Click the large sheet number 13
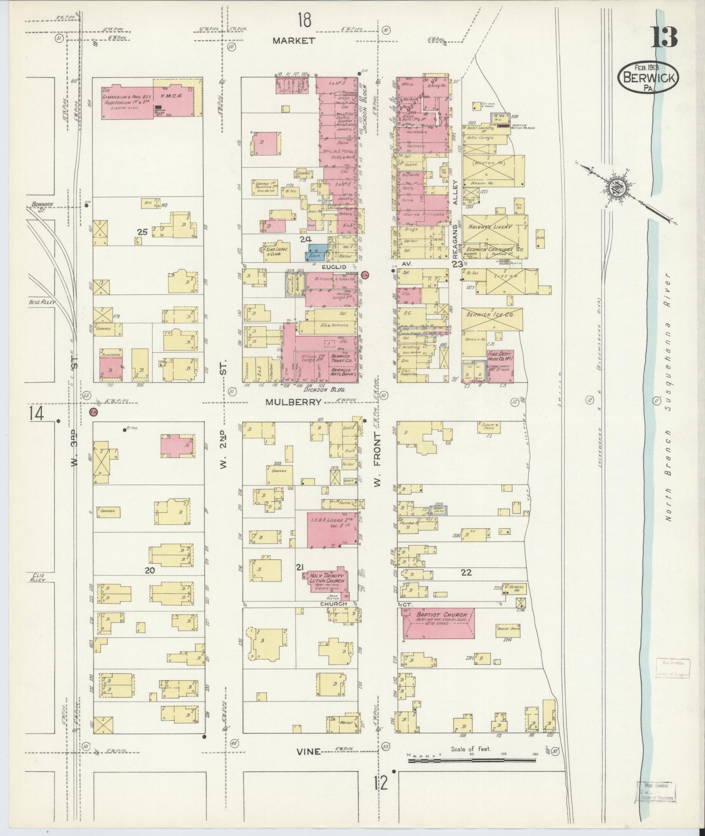(x=664, y=37)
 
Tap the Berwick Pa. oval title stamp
(x=648, y=77)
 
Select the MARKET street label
(x=294, y=41)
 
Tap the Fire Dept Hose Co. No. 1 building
(x=500, y=364)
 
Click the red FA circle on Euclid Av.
(x=365, y=274)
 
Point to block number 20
(x=150, y=570)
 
